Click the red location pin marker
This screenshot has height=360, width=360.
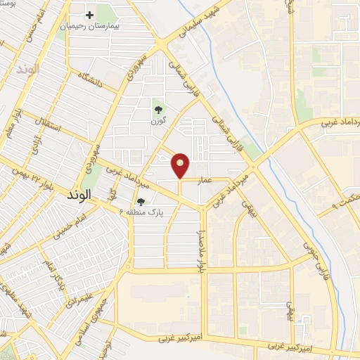tap(181, 165)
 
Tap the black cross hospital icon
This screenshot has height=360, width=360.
tap(90, 15)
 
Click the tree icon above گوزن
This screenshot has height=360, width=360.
tap(157, 110)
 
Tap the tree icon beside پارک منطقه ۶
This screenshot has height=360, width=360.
tap(142, 210)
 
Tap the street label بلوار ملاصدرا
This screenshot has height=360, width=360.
tap(200, 247)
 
